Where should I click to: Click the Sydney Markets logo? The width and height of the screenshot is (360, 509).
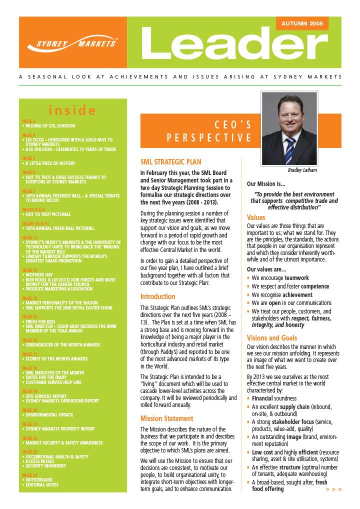[x=71, y=43]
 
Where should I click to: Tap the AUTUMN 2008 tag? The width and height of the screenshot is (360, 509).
[x=301, y=23]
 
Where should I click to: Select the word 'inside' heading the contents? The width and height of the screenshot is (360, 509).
[x=72, y=110]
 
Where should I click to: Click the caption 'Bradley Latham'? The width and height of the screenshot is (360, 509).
[x=288, y=170]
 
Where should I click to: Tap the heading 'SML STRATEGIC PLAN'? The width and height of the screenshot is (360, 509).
[x=170, y=162]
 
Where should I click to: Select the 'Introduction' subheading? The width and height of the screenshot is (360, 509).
[x=157, y=296]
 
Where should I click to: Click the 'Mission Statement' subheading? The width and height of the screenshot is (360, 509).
[x=166, y=418]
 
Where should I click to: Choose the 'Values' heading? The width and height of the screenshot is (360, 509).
[x=256, y=218]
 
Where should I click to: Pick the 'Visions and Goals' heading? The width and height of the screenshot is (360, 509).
[x=272, y=338]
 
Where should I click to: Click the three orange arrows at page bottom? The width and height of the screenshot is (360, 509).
[x=333, y=489]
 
